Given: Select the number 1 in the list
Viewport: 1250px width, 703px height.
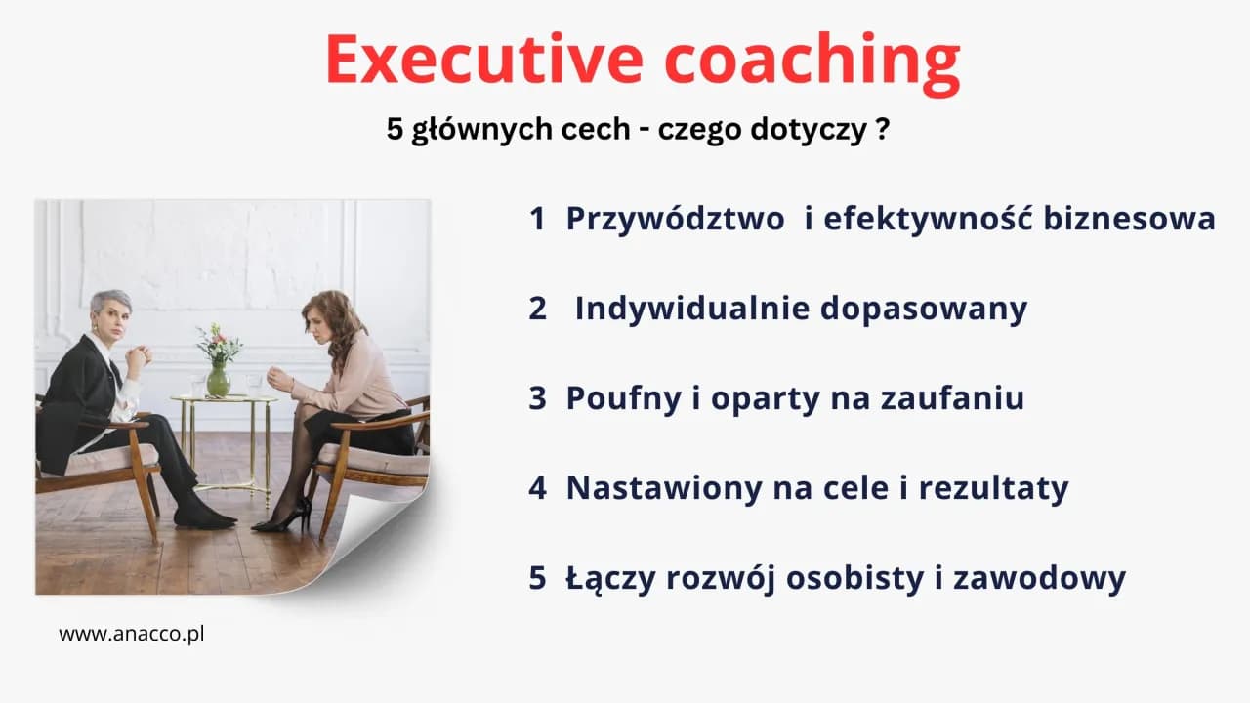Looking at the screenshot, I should point(537,219).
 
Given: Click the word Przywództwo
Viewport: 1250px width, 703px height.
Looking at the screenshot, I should point(675,220).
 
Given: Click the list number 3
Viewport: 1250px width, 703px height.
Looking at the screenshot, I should point(537,398).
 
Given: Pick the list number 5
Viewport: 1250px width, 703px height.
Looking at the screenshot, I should point(537,577).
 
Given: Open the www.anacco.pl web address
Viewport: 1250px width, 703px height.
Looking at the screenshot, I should point(132,634).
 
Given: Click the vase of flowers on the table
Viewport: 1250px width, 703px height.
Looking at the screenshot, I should point(219,361).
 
